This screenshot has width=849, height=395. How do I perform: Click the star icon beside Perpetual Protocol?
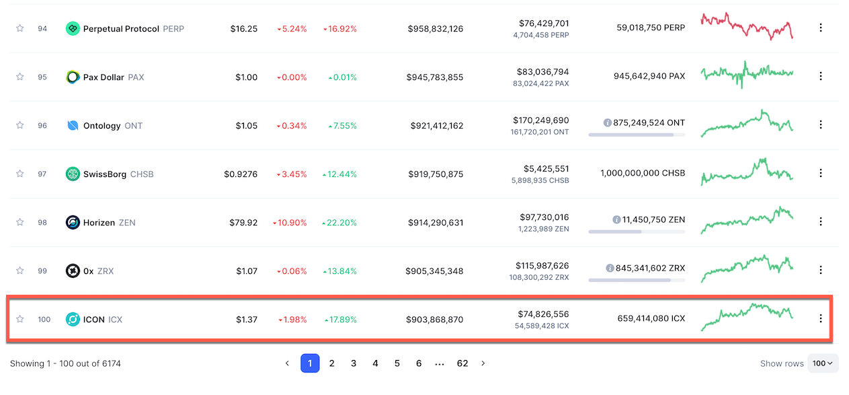[20, 28]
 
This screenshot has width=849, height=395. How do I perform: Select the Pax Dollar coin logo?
[73, 77]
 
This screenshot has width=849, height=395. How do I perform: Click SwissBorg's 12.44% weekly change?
[339, 174]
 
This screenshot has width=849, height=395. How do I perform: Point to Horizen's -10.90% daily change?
[290, 223]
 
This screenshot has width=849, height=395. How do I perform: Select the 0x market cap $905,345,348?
[434, 271]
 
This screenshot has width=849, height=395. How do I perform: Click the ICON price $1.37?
[246, 320]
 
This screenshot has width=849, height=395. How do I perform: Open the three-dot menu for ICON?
[820, 319]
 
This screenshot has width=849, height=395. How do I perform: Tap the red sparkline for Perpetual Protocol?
[746, 27]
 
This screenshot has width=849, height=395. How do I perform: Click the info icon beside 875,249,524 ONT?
[608, 123]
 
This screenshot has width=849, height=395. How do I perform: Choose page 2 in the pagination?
[331, 363]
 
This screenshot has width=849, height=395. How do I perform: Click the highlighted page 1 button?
[310, 363]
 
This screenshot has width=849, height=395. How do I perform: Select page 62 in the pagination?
[462, 363]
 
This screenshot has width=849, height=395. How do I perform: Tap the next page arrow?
[483, 363]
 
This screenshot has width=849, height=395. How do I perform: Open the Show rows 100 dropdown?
[823, 363]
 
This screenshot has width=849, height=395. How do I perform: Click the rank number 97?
[42, 174]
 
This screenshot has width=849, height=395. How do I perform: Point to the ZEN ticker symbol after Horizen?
[126, 223]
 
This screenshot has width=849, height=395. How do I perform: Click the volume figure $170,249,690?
[542, 120]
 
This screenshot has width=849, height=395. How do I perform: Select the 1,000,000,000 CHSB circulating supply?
[643, 174]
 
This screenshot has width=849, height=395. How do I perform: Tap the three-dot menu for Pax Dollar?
[820, 77]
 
